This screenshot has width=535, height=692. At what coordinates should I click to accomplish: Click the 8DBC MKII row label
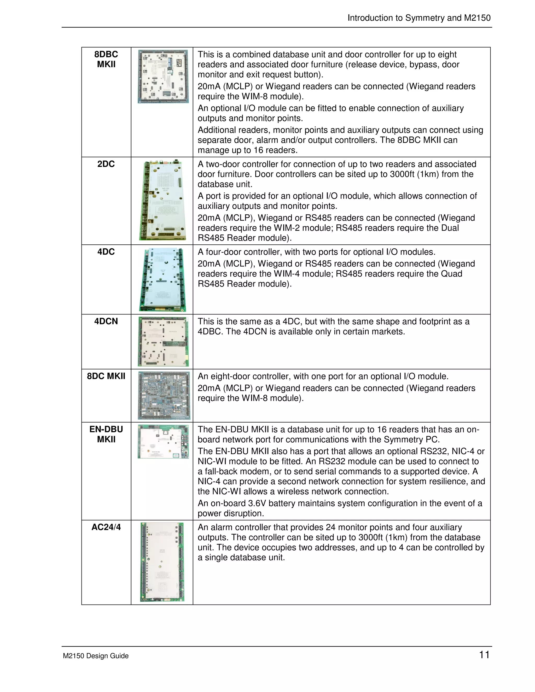[x=106, y=59]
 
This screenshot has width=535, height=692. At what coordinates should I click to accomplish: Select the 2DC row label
[x=106, y=164]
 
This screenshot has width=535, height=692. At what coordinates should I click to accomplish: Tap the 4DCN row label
[x=106, y=321]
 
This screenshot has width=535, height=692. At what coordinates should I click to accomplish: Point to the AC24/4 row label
[x=106, y=527]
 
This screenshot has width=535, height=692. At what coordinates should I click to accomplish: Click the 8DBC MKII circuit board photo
[x=163, y=76]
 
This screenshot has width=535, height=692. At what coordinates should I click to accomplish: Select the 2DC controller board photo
[x=162, y=200]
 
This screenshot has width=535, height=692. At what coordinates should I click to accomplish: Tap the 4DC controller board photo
[x=162, y=279]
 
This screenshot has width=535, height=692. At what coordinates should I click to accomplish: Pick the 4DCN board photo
[x=163, y=342]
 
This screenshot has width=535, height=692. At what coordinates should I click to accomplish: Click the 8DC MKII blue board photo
[x=164, y=395]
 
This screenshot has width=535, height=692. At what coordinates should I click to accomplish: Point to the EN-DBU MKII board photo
[x=163, y=442]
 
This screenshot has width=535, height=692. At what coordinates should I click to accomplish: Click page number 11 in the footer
[x=484, y=655]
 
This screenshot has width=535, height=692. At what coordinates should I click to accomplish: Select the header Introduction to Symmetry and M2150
[x=419, y=18]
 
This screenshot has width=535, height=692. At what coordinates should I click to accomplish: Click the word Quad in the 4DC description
[x=452, y=274]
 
